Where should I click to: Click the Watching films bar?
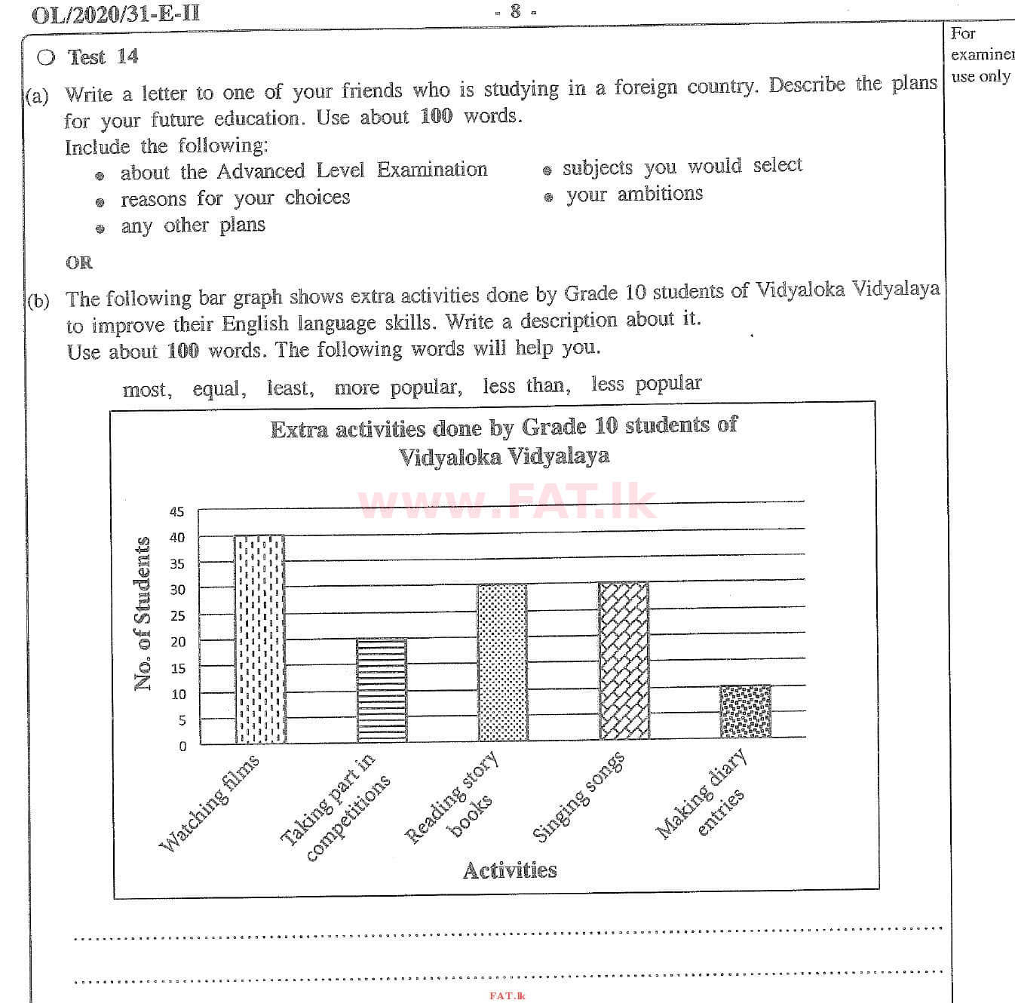(259, 640)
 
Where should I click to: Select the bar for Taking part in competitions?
(382, 690)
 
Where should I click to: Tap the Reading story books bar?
(502, 662)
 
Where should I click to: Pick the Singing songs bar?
(624, 661)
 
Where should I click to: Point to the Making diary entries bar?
(745, 711)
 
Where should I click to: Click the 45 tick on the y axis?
(176, 511)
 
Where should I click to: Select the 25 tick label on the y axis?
(177, 615)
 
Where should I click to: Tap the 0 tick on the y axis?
(182, 746)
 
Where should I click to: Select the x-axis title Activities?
(510, 870)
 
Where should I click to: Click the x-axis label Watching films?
(210, 802)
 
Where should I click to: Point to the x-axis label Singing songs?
(579, 796)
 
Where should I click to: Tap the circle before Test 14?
(46, 57)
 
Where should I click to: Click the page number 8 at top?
(515, 11)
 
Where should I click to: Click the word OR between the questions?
(79, 262)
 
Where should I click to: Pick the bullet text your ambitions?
(634, 195)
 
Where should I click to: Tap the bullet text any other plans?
(193, 225)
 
